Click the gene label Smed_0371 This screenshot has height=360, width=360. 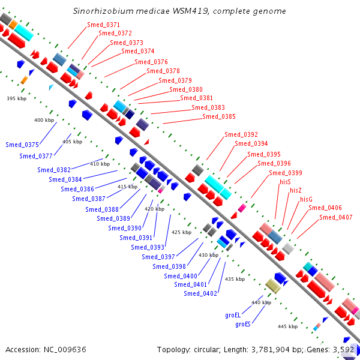tap(104, 25)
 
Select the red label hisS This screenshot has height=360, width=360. tap(285, 182)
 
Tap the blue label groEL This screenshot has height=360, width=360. tap(233, 315)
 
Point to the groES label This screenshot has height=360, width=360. tap(243, 324)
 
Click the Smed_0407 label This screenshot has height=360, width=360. tap(336, 217)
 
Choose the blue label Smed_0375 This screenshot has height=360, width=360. tap(22, 145)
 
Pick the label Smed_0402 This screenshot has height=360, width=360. tap(200, 293)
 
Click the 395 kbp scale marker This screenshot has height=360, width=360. tap(17, 98)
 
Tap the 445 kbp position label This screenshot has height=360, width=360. tap(287, 326)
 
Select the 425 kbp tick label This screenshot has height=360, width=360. tap(182, 232)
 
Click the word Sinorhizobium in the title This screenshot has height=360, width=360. tap(103, 11)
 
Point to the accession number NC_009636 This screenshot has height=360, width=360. tap(65, 349)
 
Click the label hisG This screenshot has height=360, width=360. tap(306, 199)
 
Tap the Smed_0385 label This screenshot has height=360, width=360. tap(219, 116)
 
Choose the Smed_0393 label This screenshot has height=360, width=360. tap(148, 247)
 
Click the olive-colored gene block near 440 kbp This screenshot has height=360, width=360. tap(273, 286)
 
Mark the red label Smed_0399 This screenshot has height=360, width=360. tap(286, 173)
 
